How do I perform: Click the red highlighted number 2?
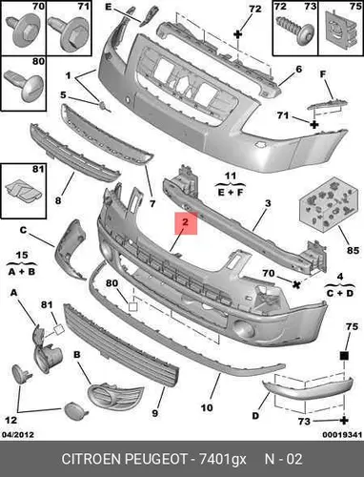point(186,221)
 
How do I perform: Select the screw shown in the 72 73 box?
point(294,30)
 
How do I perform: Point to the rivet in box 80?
point(24,83)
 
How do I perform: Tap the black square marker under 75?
point(344,355)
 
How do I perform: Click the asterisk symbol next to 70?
point(296,284)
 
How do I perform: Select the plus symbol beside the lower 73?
point(344,421)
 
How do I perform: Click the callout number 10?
point(207,407)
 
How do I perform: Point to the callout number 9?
point(154,413)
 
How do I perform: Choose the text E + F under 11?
point(231,192)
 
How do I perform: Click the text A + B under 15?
point(22,272)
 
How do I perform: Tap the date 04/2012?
point(18,434)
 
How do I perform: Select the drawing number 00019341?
point(342,434)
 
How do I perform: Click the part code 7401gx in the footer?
point(223,459)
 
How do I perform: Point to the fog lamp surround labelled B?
point(115,397)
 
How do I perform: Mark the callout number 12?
point(10,420)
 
